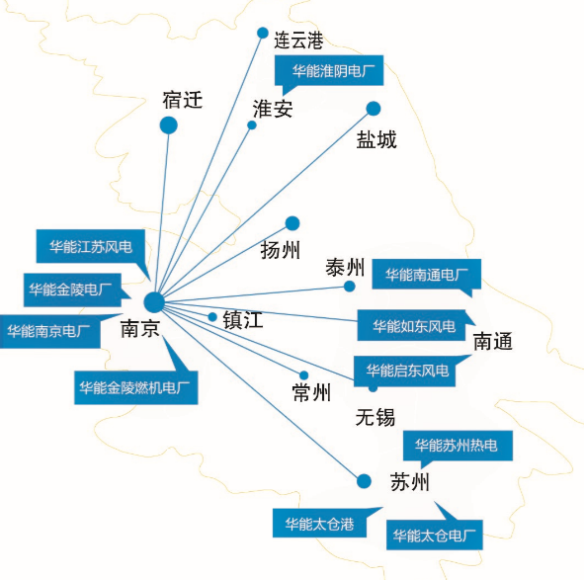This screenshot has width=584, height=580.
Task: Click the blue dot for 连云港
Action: pyautogui.click(x=263, y=33)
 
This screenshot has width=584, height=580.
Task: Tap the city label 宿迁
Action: pyautogui.click(x=183, y=100)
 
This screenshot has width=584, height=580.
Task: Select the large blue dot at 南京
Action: pyautogui.click(x=154, y=302)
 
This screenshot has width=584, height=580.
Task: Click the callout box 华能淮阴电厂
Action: pyautogui.click(x=329, y=71)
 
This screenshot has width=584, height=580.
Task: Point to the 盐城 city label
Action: pyautogui.click(x=376, y=139)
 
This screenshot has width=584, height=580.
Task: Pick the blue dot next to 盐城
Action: pyautogui.click(x=374, y=109)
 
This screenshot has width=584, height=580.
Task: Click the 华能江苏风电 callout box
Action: pyautogui.click(x=91, y=246)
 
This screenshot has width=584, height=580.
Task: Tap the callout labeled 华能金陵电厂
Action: pyautogui.click(x=72, y=290)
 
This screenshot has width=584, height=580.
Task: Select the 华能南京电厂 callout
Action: pyautogui.click(x=50, y=331)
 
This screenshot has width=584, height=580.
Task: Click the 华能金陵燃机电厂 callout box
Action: pyautogui.click(x=136, y=387)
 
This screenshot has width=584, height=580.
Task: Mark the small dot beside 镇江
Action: pyautogui.click(x=212, y=317)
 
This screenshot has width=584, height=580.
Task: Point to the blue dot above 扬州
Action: pyautogui.click(x=292, y=223)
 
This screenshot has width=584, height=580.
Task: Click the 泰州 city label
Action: pyautogui.click(x=345, y=267)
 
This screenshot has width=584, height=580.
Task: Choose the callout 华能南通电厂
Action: pyautogui.click(x=427, y=275)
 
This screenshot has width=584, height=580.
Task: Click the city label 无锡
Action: pyautogui.click(x=375, y=416)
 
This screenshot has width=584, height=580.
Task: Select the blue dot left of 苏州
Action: pyautogui.click(x=364, y=481)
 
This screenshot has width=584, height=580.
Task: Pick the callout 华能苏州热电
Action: pyautogui.click(x=458, y=446)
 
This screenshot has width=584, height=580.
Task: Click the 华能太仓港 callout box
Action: pyautogui.click(x=319, y=523)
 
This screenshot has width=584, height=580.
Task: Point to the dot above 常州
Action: pyautogui.click(x=304, y=375)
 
